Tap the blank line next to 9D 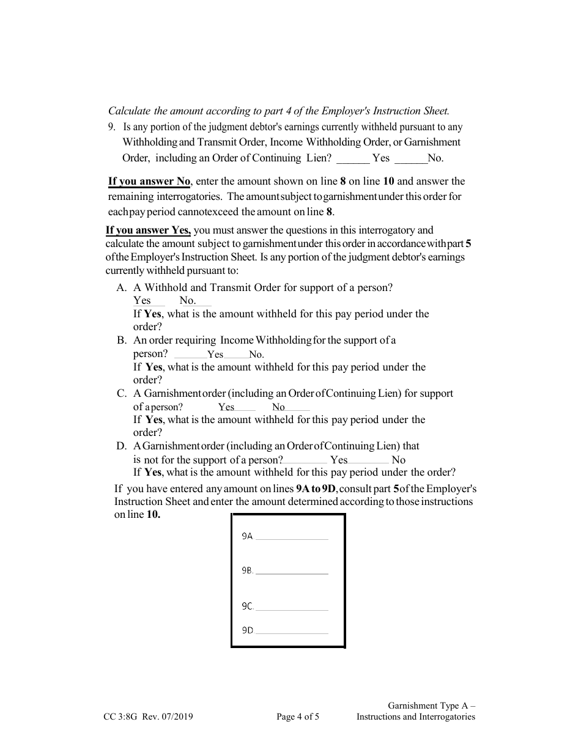point(291,631)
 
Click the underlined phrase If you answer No point(149,181)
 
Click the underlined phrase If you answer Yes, point(148,230)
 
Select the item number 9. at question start point(111,127)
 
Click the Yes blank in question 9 point(353,158)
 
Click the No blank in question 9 point(411,158)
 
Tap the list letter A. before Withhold point(122,288)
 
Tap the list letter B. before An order point(122,341)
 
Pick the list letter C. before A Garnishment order point(122,394)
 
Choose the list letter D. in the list point(122,446)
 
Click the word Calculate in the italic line point(129,111)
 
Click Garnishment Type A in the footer point(431,706)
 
